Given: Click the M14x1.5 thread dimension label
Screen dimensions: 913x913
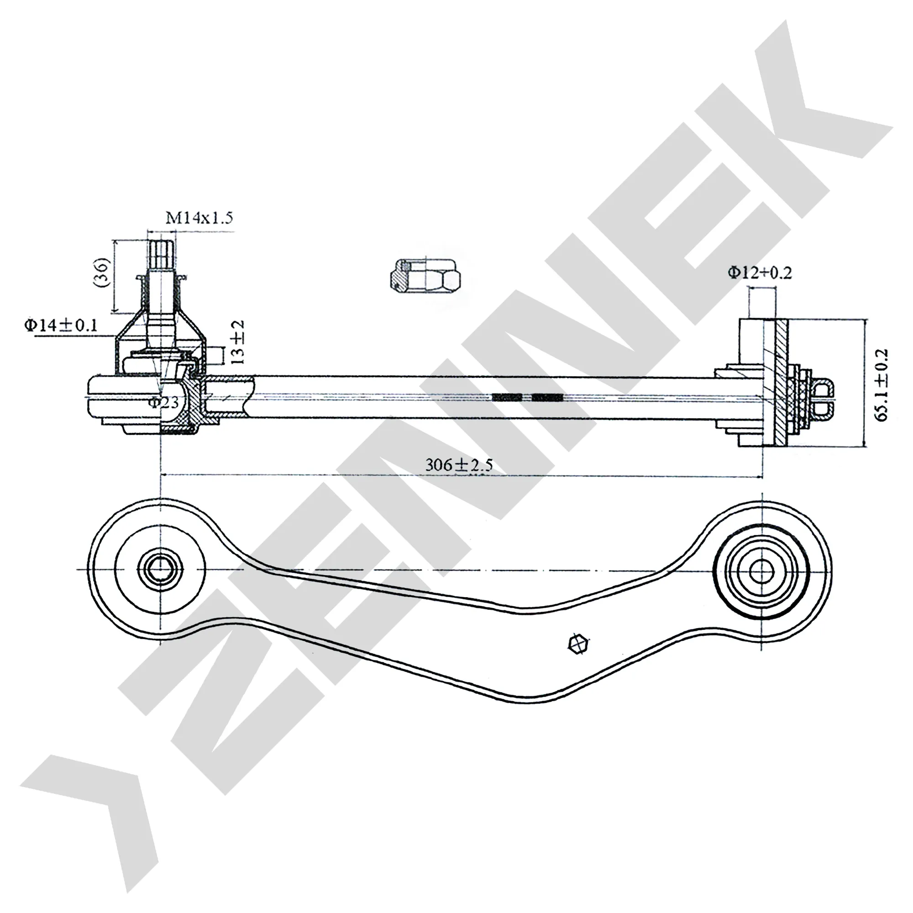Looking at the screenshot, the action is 199,218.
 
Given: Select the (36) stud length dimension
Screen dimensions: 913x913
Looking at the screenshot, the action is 103,272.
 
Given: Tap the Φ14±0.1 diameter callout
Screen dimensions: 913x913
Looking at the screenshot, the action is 61,325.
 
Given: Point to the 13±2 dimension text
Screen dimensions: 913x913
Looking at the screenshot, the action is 239,341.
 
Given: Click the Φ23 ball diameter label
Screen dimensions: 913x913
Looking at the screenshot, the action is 163,402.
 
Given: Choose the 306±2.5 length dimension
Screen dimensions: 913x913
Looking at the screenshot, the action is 459,465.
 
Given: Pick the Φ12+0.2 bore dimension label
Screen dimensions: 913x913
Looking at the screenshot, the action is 760,273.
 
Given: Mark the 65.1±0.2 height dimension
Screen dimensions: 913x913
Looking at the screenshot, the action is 882,385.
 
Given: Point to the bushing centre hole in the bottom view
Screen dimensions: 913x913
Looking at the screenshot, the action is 761,570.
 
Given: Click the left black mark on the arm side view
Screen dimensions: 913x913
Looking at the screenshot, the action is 507,398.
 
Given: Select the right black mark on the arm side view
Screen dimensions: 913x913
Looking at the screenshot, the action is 547,398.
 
